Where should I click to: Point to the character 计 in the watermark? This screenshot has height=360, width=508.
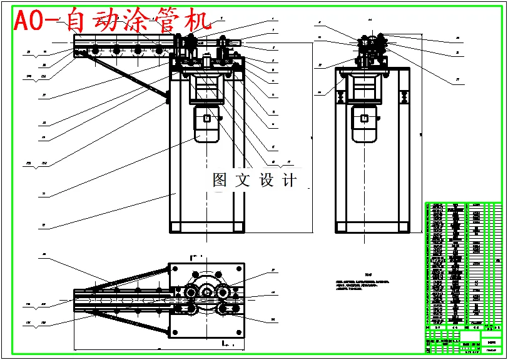point(290,181)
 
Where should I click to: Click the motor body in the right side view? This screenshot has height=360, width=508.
point(364,124)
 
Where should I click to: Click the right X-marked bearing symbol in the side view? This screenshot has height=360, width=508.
point(404,97)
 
